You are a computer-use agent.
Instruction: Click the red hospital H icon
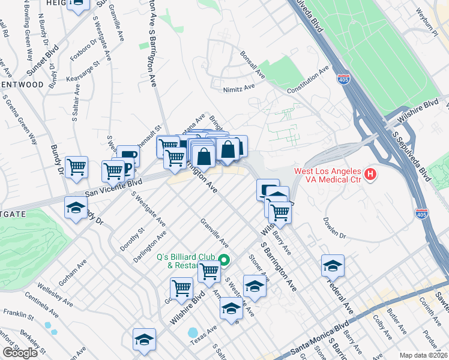(x=371, y=175)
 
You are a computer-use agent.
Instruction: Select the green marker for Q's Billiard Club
(x=224, y=260)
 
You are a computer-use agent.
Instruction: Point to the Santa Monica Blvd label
(x=320, y=343)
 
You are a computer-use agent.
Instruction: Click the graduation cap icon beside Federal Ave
(x=333, y=265)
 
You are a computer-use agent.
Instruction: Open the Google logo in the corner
(x=20, y=353)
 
